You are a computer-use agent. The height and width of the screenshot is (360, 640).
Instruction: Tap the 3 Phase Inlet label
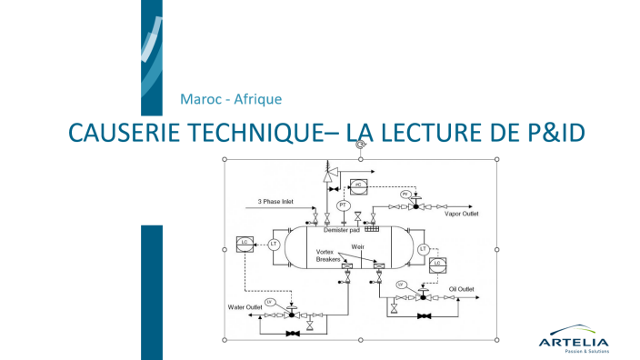pyautogui.click(x=275, y=201)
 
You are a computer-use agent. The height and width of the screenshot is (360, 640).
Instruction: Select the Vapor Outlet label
pyautogui.click(x=461, y=214)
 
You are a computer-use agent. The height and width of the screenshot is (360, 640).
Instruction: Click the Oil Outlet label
pyautogui.click(x=462, y=289)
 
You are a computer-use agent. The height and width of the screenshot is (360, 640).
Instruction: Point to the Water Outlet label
pyautogui.click(x=245, y=307)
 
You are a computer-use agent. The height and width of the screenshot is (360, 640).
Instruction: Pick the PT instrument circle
pyautogui.click(x=343, y=205)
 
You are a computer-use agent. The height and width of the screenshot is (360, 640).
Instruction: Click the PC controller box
pyautogui.click(x=358, y=185)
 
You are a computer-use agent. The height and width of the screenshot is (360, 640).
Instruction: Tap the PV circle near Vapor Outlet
pyautogui.click(x=406, y=195)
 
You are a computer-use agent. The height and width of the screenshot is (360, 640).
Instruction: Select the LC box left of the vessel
pyautogui.click(x=243, y=243)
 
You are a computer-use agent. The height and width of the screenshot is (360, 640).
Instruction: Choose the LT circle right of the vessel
pyautogui.click(x=423, y=248)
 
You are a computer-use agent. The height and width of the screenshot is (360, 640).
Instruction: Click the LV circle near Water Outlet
pyautogui.click(x=269, y=301)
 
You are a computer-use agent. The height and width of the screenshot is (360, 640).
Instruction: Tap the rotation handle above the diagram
pyautogui.click(x=361, y=144)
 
